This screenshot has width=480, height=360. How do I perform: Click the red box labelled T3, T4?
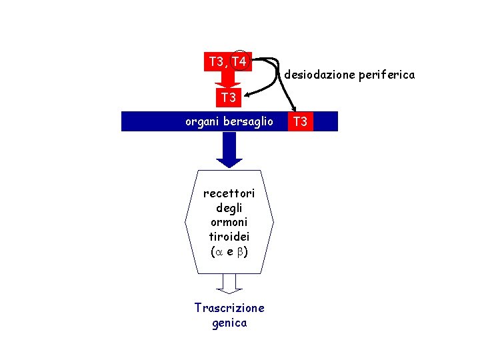coord(227,61)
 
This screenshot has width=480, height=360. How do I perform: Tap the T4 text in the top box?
coord(239,62)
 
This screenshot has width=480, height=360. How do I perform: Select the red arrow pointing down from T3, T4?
coord(228,80)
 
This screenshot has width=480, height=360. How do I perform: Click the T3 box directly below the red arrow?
coord(229,98)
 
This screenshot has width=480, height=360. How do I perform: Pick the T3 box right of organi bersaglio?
coord(301,121)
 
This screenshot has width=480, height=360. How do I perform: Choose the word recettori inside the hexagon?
coord(229,194)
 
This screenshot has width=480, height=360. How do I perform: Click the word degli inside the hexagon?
coord(229,208)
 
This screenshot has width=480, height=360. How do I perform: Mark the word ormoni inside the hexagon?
coord(229,223)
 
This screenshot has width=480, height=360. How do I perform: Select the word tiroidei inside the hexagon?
coord(229,237)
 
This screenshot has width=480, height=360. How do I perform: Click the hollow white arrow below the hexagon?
coord(229,285)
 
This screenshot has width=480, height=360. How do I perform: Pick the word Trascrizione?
coord(229,308)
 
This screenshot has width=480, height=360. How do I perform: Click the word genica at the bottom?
coord(229,323)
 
